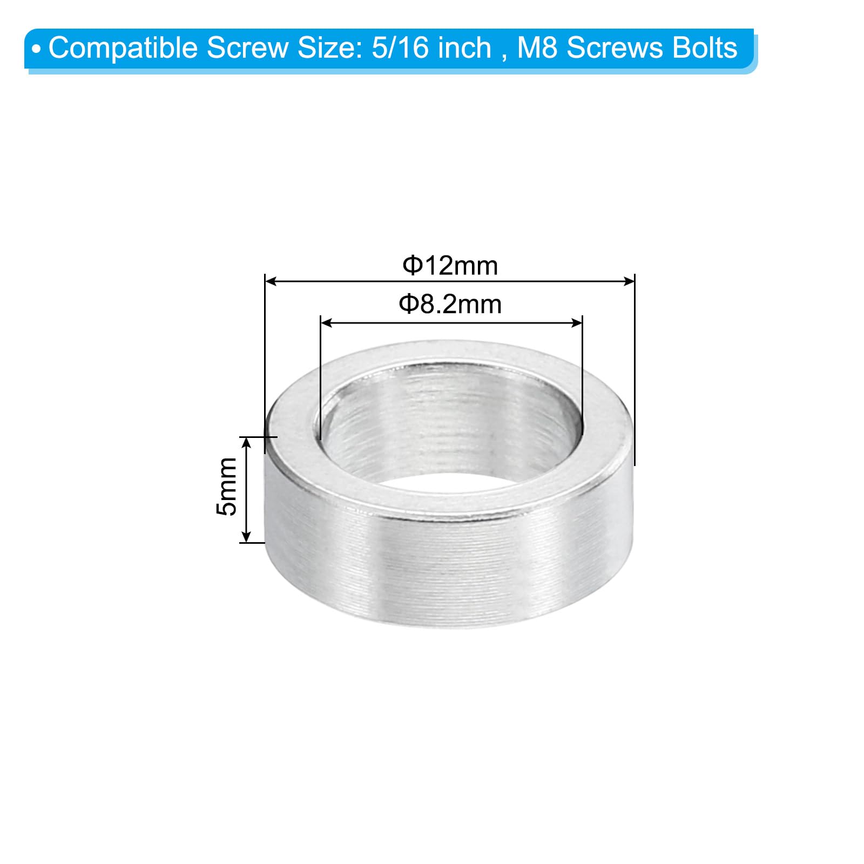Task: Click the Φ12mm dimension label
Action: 450,266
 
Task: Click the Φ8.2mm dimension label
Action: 450,305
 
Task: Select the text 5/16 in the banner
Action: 400,48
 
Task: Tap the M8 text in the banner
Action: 537,48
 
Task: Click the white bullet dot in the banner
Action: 36,50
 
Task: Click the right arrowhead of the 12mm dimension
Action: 629,281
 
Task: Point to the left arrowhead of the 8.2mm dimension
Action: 326,323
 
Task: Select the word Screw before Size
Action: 248,48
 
